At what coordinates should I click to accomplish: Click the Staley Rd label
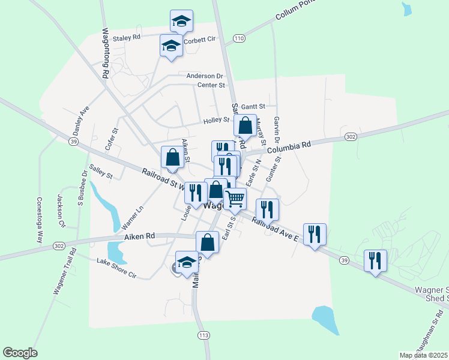pyautogui.click(x=126, y=37)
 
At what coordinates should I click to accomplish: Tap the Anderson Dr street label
pyautogui.click(x=204, y=76)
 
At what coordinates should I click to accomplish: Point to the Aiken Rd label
pyautogui.click(x=140, y=237)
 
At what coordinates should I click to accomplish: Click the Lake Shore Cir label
pyautogui.click(x=117, y=269)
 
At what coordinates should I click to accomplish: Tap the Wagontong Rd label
pyautogui.click(x=105, y=52)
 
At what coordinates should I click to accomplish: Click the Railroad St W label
pyautogui.click(x=162, y=178)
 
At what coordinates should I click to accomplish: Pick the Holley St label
pyautogui.click(x=216, y=120)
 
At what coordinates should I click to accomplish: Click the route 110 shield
pyautogui.click(x=240, y=38)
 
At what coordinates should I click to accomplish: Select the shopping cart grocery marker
pyautogui.click(x=235, y=198)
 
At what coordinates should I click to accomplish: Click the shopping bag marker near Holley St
pyautogui.click(x=245, y=126)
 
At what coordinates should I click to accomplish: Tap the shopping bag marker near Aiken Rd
pyautogui.click(x=207, y=243)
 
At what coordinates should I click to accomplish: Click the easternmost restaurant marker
pyautogui.click(x=376, y=261)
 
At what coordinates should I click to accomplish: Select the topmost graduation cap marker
pyautogui.click(x=181, y=22)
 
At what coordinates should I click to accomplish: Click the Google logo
pyautogui.click(x=20, y=353)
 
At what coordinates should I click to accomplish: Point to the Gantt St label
pyautogui.click(x=255, y=106)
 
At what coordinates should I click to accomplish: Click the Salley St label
pyautogui.click(x=101, y=172)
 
